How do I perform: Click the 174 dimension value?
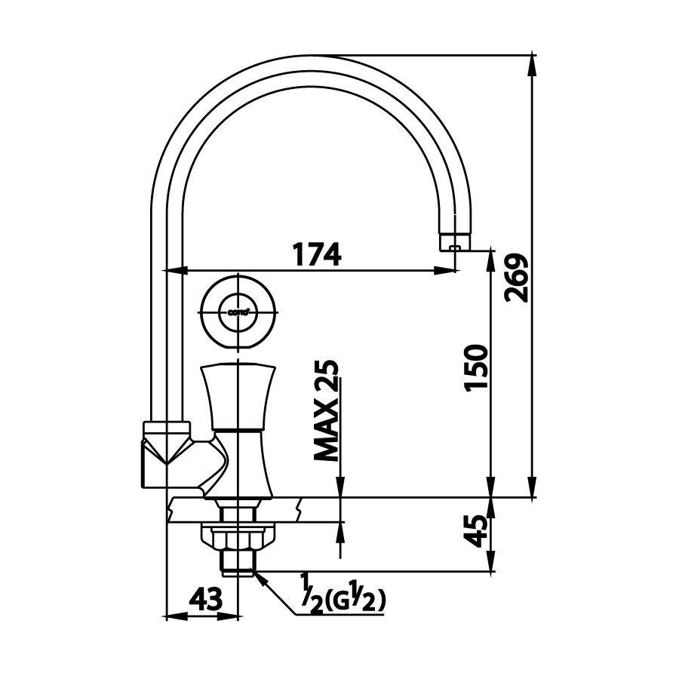(x=317, y=254)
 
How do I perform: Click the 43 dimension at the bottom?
(x=205, y=600)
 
